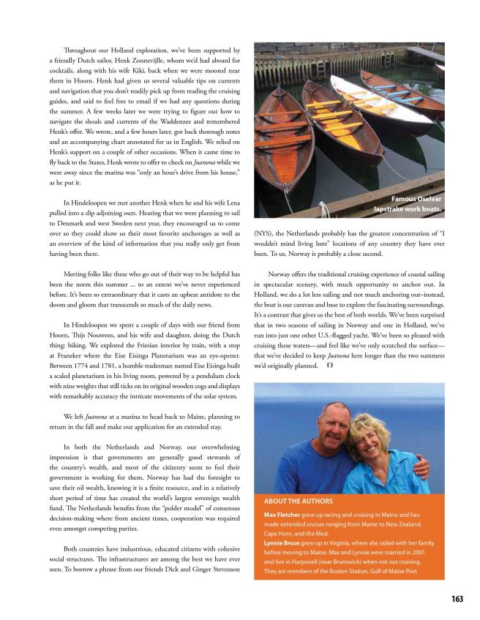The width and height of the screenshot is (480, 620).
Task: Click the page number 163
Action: point(457,599)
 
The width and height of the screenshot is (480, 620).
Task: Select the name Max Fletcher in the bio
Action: point(282,515)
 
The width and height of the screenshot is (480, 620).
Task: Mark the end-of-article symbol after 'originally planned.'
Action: point(330,363)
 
